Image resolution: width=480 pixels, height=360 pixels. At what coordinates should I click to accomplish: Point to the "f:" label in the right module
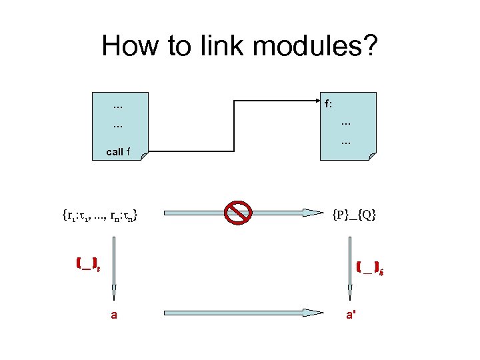click(329, 104)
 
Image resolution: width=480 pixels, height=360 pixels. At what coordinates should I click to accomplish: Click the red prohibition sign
click(237, 213)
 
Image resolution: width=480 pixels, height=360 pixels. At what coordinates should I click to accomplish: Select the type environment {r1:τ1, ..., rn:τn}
click(100, 215)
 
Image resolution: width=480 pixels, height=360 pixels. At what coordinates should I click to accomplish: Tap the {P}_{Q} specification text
click(354, 214)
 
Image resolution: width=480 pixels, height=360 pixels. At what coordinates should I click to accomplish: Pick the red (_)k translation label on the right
click(368, 268)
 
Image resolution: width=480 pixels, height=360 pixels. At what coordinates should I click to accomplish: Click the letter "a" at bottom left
click(114, 315)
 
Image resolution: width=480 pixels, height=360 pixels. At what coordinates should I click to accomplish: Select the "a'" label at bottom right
click(350, 314)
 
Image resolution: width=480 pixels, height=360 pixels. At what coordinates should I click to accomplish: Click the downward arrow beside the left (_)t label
click(114, 267)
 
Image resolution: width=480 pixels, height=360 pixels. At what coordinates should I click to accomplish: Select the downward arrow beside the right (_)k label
click(349, 267)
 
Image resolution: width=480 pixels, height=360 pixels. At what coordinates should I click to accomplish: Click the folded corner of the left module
click(145, 155)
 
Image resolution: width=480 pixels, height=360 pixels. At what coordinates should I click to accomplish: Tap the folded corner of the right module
click(372, 156)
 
